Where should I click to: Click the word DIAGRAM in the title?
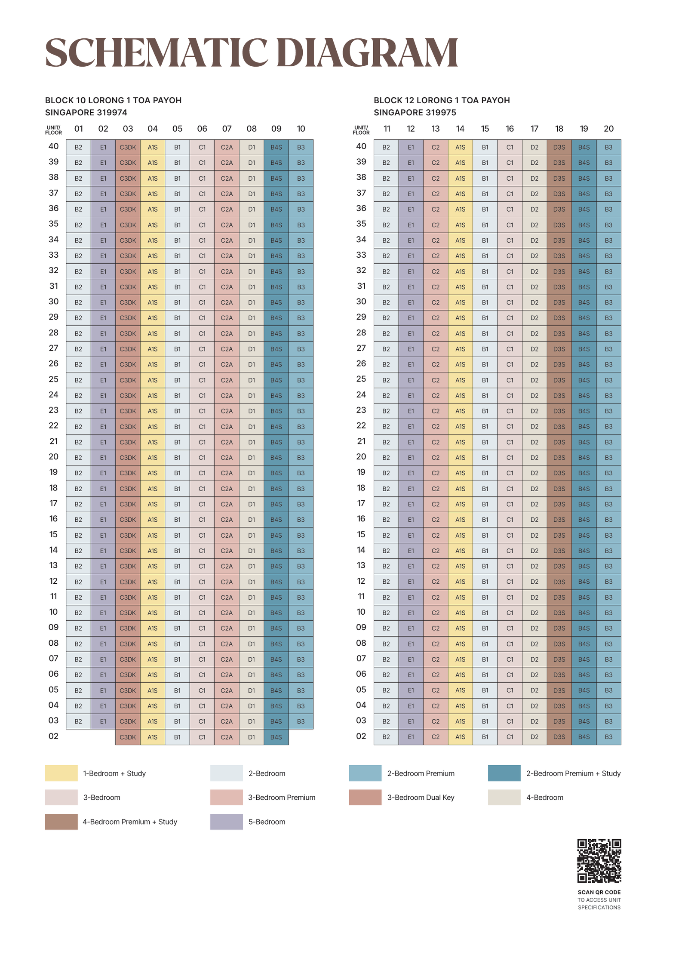click(367, 52)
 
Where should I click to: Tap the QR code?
click(599, 860)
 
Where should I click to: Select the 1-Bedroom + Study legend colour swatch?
click(61, 773)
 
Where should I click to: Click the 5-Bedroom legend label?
click(267, 822)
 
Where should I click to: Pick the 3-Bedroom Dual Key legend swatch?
click(365, 797)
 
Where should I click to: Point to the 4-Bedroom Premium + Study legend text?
click(130, 822)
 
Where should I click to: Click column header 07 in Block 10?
click(227, 129)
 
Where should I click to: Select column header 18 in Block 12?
click(559, 129)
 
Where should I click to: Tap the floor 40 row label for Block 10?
click(53, 146)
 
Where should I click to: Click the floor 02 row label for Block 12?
click(361, 736)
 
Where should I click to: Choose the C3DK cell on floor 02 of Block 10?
click(128, 737)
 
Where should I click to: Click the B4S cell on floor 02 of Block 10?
click(276, 737)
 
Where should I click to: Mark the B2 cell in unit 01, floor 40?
click(78, 147)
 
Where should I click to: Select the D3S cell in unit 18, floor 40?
click(559, 147)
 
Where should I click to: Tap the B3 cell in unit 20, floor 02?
click(608, 737)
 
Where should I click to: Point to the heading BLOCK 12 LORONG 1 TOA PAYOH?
click(442, 100)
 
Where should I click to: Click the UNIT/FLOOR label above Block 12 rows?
click(361, 130)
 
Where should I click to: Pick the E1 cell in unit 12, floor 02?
click(411, 737)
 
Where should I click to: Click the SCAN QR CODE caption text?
click(599, 892)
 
